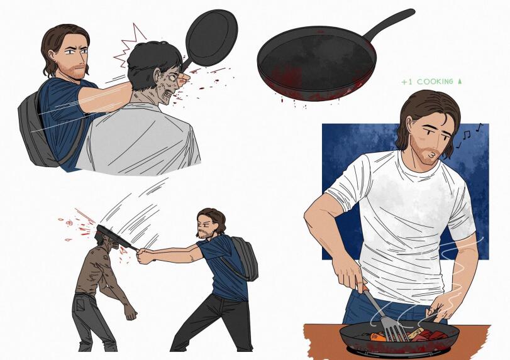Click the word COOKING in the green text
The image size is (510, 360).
435,82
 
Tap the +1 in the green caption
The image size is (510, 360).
407,82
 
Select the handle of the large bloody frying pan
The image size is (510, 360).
390,25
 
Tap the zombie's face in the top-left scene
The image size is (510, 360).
169,86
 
